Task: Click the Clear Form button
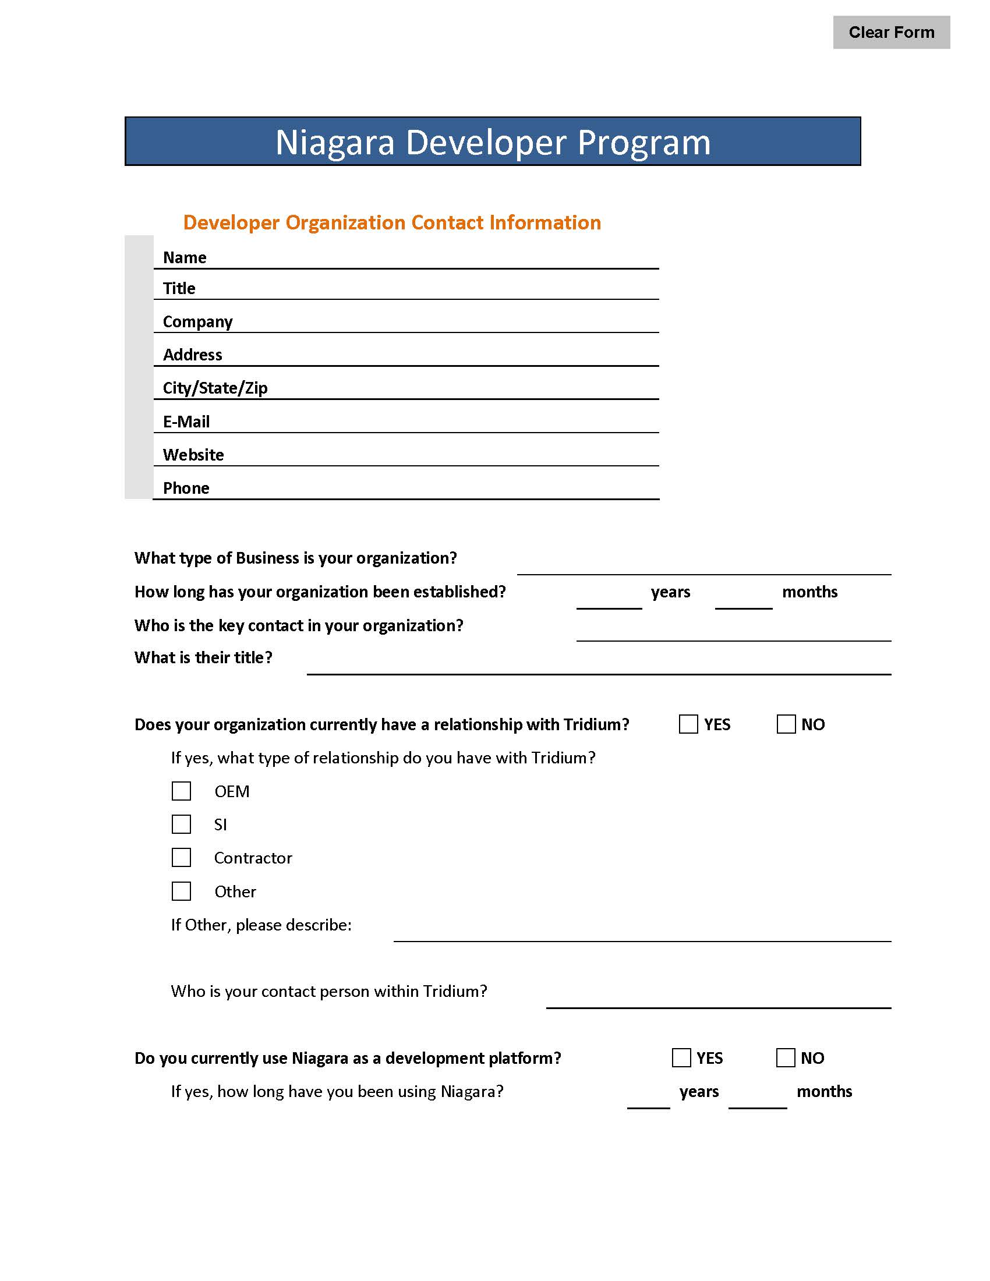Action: [891, 32]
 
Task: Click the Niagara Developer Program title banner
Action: [493, 141]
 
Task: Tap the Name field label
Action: [185, 257]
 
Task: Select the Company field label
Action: [197, 321]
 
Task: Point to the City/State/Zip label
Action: [215, 388]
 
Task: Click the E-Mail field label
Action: [186, 422]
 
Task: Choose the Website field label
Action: [193, 455]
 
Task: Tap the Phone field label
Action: [186, 488]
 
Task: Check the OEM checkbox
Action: [181, 791]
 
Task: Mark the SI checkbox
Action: [181, 824]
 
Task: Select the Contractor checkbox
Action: [181, 858]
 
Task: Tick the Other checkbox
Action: [181, 891]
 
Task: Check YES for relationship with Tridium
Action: [688, 724]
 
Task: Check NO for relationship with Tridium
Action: [786, 724]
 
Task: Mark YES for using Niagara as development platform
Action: [681, 1058]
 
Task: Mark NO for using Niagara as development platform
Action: [786, 1058]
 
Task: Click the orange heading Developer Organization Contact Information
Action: [392, 223]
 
